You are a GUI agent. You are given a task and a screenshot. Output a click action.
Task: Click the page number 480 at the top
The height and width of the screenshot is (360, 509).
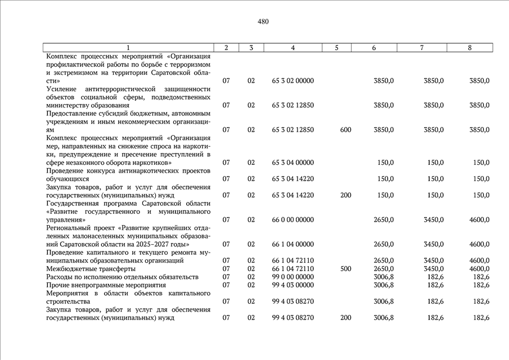click(263, 22)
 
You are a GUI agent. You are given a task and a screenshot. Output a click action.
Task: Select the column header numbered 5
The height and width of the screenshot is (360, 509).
click(336, 48)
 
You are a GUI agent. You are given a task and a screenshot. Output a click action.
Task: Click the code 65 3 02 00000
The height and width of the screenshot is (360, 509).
click(292, 81)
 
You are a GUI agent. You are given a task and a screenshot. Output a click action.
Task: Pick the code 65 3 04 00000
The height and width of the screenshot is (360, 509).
click(292, 163)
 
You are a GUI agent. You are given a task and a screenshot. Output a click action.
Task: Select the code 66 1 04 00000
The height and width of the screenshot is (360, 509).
click(292, 244)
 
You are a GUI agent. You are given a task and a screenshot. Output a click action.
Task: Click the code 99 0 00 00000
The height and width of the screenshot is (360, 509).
click(292, 277)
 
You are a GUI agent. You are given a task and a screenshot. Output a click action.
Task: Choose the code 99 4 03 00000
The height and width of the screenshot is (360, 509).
click(292, 285)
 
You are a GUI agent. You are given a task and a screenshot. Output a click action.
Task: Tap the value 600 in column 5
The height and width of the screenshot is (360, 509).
click(345, 130)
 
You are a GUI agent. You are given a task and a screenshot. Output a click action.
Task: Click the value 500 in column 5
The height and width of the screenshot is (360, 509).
click(345, 269)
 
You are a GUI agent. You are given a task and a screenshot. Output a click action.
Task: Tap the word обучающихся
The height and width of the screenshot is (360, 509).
click(67, 179)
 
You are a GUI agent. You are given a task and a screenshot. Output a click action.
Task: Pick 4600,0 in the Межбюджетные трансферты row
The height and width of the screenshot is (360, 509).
click(479, 269)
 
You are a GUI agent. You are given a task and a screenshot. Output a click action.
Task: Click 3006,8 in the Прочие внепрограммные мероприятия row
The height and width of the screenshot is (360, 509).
click(384, 285)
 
